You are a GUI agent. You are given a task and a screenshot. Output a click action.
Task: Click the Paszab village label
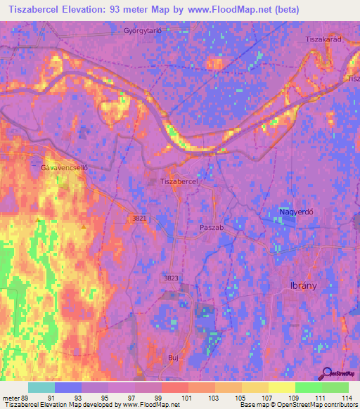point(211,228)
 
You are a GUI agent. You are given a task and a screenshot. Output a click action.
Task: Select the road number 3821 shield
point(139,219)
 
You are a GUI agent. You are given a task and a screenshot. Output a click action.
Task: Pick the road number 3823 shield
point(171,278)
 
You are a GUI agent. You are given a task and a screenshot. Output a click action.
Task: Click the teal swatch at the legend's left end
point(41,387)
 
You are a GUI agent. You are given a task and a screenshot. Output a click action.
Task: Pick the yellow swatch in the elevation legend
point(281,387)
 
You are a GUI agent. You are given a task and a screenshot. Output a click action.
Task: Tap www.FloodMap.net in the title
point(219,10)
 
